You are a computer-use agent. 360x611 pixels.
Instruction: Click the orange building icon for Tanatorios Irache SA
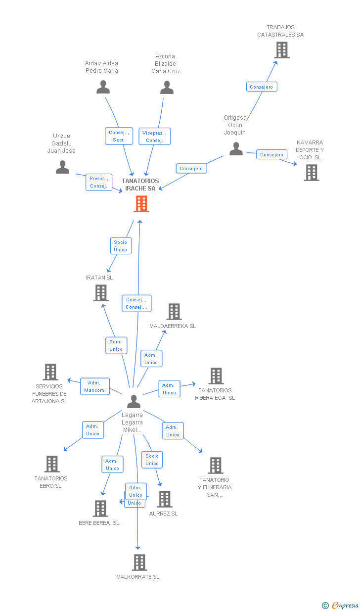pyautogui.click(x=141, y=204)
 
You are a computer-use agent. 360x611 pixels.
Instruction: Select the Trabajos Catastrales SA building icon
pyautogui.click(x=281, y=50)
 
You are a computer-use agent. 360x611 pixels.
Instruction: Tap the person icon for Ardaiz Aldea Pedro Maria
pyautogui.click(x=103, y=87)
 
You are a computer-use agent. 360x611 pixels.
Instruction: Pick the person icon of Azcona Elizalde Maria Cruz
pyautogui.click(x=167, y=88)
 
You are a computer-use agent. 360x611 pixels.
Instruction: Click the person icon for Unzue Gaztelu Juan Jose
pyautogui.click(x=63, y=167)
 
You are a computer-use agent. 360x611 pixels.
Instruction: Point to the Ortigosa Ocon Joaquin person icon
pyautogui.click(x=236, y=149)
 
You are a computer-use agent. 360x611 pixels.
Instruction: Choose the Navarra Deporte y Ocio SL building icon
pyautogui.click(x=312, y=173)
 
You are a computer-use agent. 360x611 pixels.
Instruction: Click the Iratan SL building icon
pyautogui.click(x=101, y=293)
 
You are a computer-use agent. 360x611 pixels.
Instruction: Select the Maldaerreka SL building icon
pyautogui.click(x=174, y=312)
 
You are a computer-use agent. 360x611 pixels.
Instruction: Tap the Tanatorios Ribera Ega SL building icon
pyautogui.click(x=216, y=376)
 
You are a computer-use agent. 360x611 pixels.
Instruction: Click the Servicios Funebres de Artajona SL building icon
pyautogui.click(x=50, y=372)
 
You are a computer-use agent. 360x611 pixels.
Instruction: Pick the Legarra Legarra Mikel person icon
pyautogui.click(x=134, y=401)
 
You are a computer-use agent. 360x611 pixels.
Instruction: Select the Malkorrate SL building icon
pyautogui.click(x=139, y=563)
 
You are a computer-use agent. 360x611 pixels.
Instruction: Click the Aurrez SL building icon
pyautogui.click(x=165, y=499)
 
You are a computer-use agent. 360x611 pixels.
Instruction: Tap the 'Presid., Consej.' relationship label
pyautogui.click(x=99, y=182)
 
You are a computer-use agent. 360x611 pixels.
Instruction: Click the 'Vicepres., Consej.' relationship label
pyautogui.click(x=155, y=137)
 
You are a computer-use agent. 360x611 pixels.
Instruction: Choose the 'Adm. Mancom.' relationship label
pyautogui.click(x=94, y=386)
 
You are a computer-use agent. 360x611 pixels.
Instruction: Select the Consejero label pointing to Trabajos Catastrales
pyautogui.click(x=262, y=87)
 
